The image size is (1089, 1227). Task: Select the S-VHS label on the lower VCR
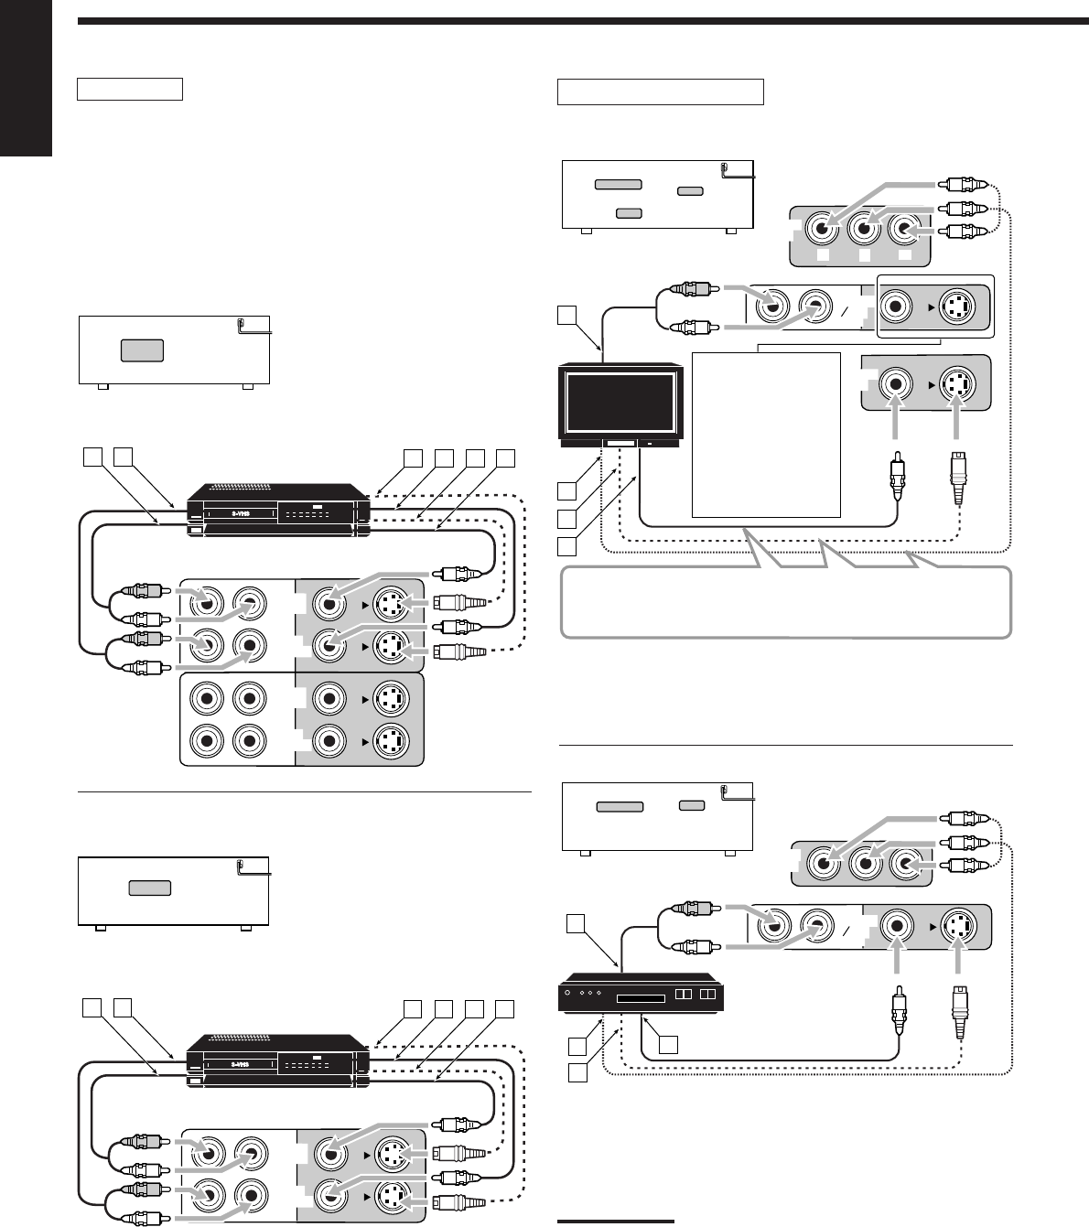pyautogui.click(x=241, y=1064)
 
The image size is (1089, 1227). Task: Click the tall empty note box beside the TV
pyautogui.click(x=766, y=435)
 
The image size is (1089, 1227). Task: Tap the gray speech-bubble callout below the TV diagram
pyautogui.click(x=785, y=603)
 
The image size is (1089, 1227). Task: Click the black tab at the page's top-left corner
pyautogui.click(x=26, y=78)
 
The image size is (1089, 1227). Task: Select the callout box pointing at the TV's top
pyautogui.click(x=567, y=316)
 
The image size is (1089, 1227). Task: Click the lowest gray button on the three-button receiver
pyautogui.click(x=628, y=212)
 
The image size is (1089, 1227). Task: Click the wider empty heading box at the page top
pyautogui.click(x=660, y=91)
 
